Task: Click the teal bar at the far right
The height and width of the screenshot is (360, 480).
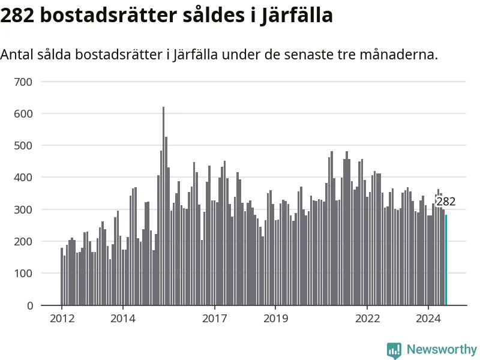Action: (446, 260)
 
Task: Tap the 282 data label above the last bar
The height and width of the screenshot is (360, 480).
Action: (446, 202)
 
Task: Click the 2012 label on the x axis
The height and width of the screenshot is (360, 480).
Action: (62, 318)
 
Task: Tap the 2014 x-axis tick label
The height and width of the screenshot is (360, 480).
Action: (123, 318)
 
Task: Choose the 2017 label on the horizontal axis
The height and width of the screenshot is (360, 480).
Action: (215, 318)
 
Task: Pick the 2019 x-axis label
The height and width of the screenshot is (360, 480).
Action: (275, 318)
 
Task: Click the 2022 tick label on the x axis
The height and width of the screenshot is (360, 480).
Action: (367, 318)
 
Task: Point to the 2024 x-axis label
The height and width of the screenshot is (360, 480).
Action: (428, 318)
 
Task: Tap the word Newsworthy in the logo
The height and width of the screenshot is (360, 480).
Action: (442, 349)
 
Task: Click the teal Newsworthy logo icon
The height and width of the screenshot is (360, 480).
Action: (394, 350)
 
